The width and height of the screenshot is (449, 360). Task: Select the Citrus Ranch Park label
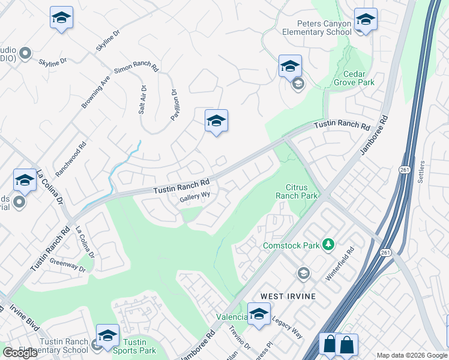coord(296,191)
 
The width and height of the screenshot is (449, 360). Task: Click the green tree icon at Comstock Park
coord(327,244)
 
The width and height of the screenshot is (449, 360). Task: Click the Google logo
coord(20,353)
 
